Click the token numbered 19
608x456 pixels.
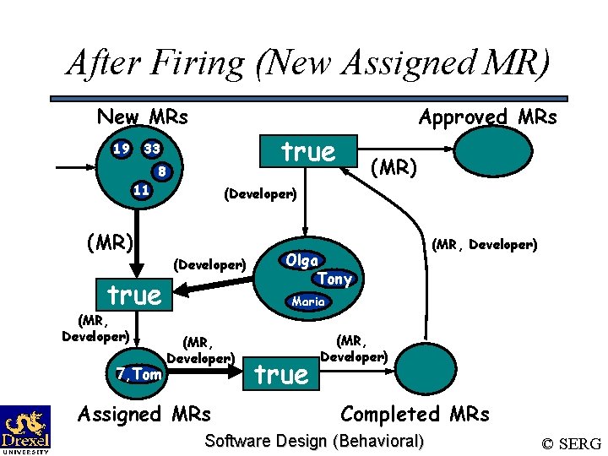pos(122,149)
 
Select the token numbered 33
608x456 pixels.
pos(152,149)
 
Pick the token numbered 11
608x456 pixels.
pos(141,190)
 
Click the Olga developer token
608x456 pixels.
pos(301,260)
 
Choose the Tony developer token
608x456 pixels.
pos(335,279)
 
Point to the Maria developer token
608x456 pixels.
pos(308,301)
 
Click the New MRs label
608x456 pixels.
pos(142,117)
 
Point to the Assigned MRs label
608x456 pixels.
pos(144,414)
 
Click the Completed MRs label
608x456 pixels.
pos(414,414)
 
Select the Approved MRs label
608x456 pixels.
pos(487,117)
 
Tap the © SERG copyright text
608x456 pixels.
pos(571,442)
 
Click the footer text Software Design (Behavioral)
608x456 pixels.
pos(314,440)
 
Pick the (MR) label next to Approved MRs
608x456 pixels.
pos(394,168)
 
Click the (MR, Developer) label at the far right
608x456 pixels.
pos(484,246)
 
